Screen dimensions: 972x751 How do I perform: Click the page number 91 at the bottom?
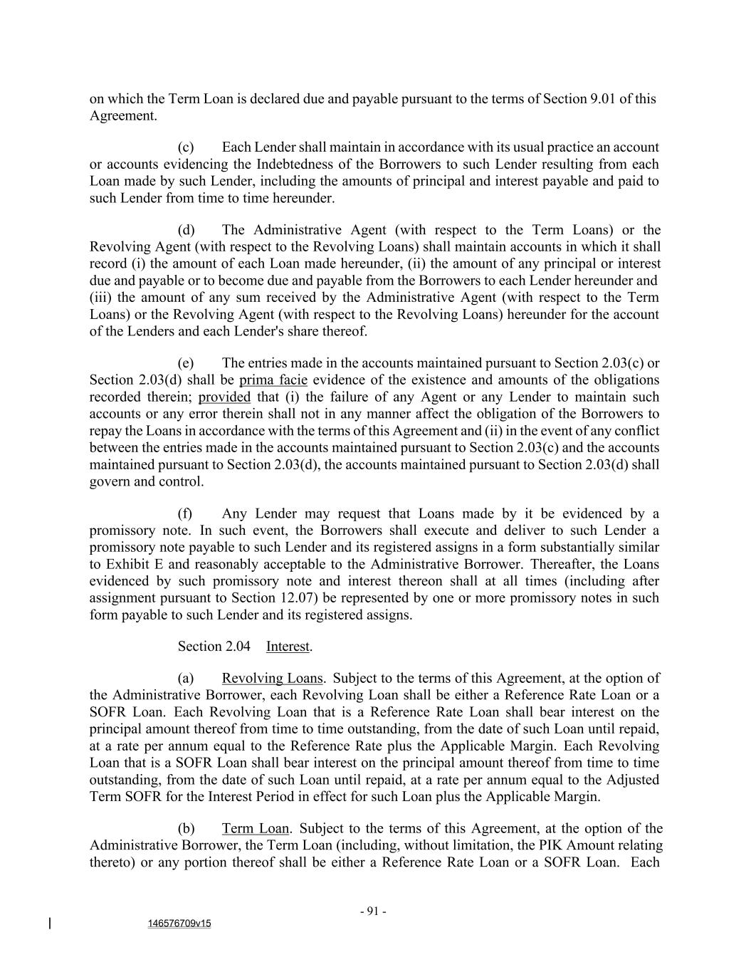[x=373, y=911]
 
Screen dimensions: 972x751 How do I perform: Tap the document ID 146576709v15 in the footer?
[x=179, y=924]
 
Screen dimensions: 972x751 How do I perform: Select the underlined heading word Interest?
[x=288, y=647]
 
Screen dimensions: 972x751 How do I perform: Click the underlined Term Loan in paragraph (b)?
[x=256, y=829]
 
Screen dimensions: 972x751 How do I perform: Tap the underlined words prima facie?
[x=273, y=380]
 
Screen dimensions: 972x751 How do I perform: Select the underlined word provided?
[x=224, y=397]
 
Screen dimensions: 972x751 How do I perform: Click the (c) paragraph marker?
[x=186, y=147]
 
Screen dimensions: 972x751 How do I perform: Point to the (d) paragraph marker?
[x=186, y=230]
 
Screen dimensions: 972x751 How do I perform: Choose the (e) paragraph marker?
[x=186, y=363]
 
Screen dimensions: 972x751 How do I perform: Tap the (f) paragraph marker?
[x=185, y=514]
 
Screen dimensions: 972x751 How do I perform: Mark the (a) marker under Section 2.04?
[x=186, y=679]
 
